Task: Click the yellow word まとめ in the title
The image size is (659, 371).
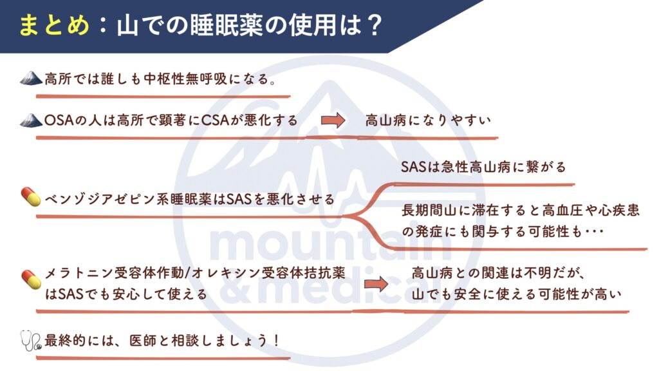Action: click(x=54, y=25)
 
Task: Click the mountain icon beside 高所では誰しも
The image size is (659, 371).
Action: click(x=31, y=78)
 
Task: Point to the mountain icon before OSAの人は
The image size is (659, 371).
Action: click(x=31, y=120)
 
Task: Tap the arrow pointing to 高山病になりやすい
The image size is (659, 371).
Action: click(x=333, y=120)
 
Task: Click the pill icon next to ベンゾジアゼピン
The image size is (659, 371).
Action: click(x=31, y=197)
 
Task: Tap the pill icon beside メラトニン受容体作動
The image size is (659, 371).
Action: click(x=31, y=280)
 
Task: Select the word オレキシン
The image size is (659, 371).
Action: click(x=227, y=273)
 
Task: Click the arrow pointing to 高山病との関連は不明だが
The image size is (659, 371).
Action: click(x=376, y=284)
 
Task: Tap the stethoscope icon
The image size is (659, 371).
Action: click(x=32, y=341)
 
